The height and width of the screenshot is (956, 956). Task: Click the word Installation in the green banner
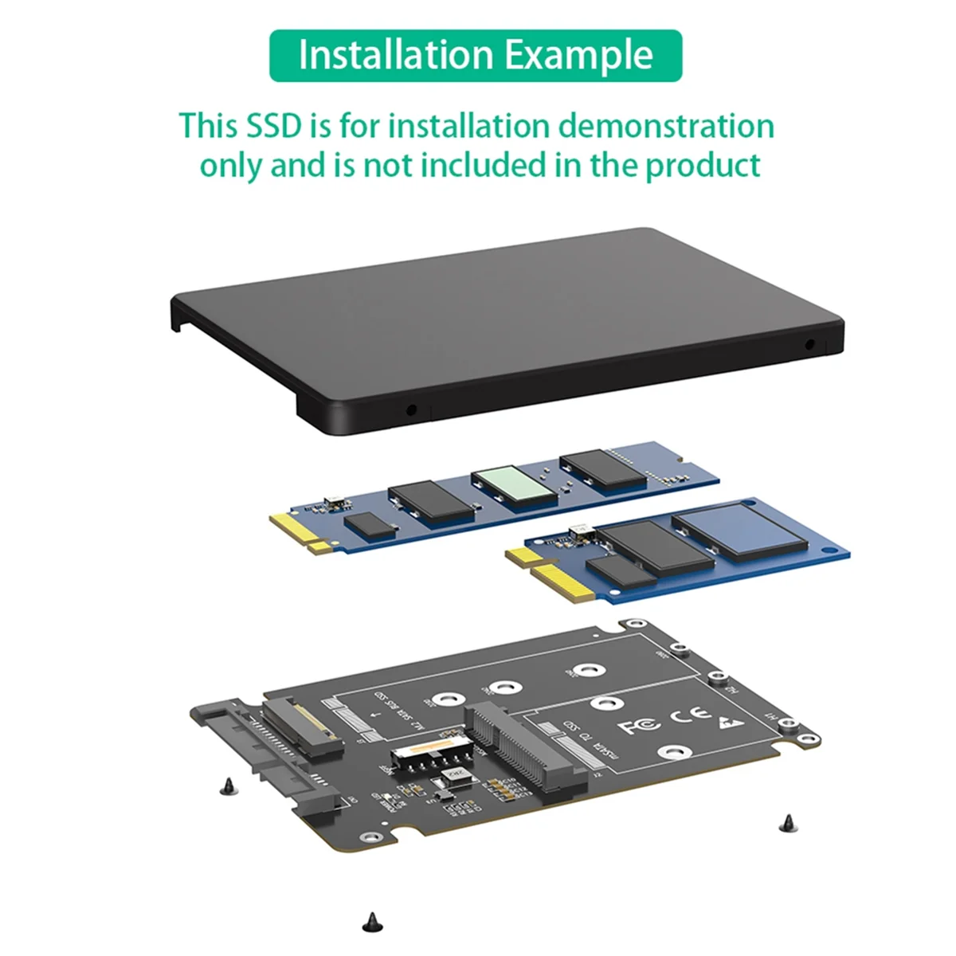coord(394,55)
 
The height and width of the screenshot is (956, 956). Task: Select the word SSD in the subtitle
coord(274,126)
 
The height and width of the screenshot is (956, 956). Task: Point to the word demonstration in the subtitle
coord(665,126)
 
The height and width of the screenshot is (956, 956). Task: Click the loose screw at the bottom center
coord(370,921)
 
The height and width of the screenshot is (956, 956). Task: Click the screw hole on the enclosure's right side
coord(810,345)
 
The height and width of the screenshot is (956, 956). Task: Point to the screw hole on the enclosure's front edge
coord(411,411)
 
